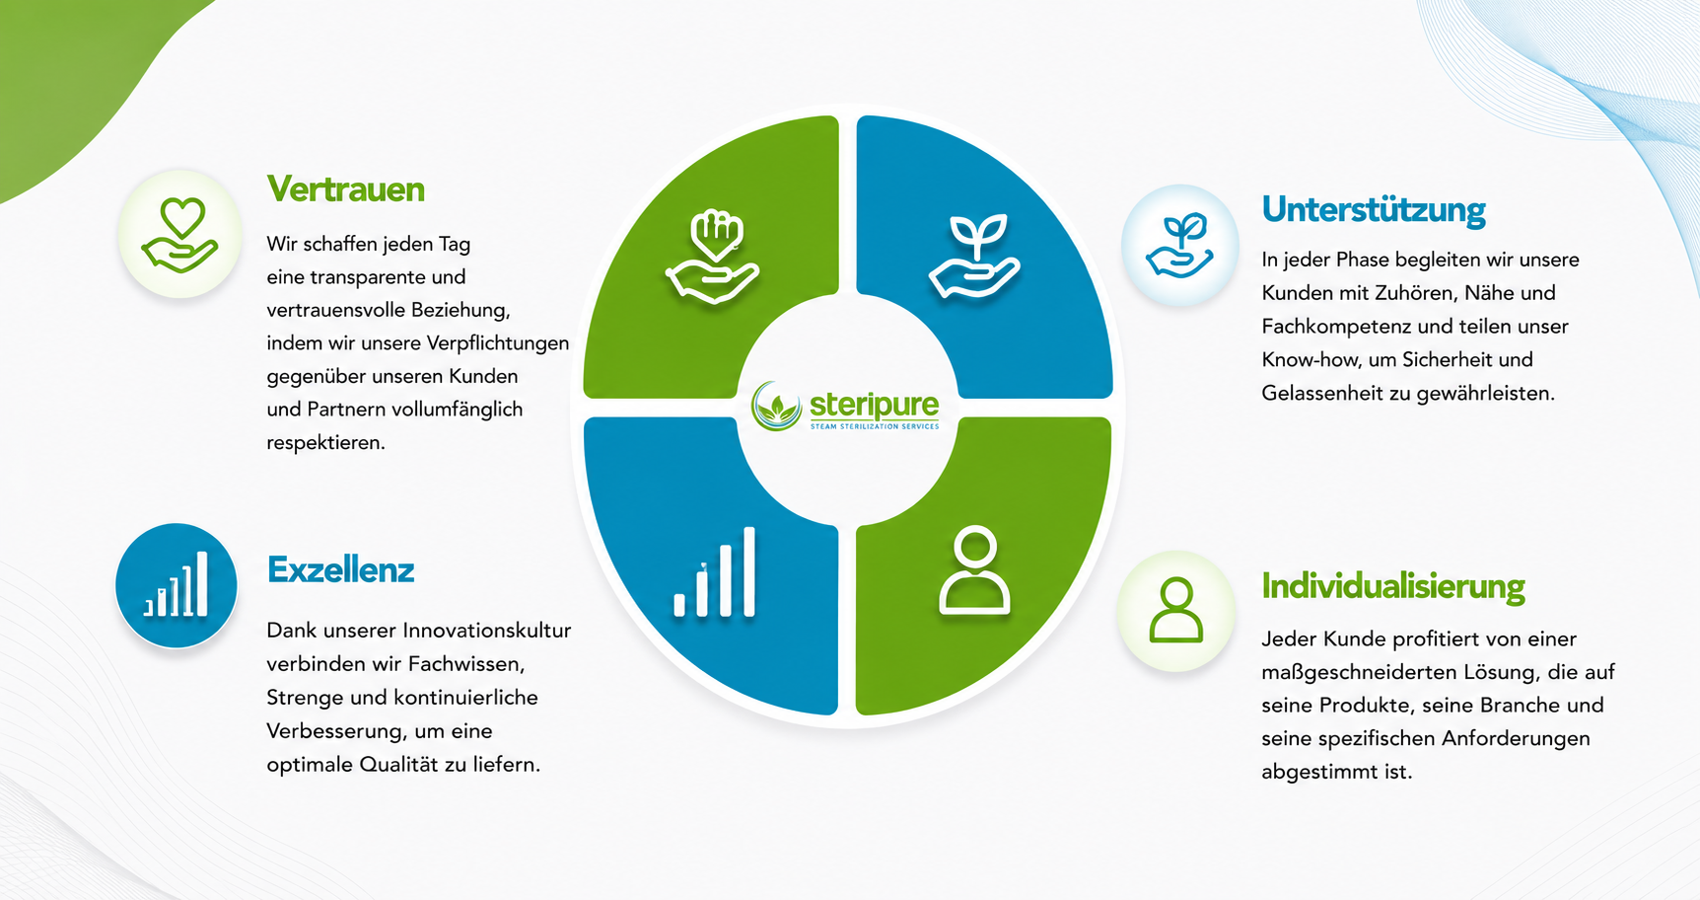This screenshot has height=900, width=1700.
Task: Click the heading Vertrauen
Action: coord(345,189)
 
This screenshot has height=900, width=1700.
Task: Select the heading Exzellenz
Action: coord(340,570)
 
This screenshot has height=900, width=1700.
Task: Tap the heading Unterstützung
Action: coord(1374,210)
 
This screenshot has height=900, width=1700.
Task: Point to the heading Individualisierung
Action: coord(1393,586)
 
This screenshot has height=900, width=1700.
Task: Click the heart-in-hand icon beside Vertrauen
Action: coord(179,235)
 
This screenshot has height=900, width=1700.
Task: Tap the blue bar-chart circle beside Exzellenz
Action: coord(177,585)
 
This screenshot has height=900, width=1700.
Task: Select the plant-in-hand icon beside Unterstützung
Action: coord(1179,245)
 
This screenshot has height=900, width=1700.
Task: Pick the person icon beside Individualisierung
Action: coord(1175,611)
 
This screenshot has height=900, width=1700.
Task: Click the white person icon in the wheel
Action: coord(974,571)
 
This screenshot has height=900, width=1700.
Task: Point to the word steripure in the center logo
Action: coord(874,405)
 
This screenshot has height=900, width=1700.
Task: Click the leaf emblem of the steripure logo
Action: coord(776,407)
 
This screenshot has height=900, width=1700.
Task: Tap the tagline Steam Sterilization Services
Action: coord(875,426)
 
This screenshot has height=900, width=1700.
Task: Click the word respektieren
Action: coord(325,443)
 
